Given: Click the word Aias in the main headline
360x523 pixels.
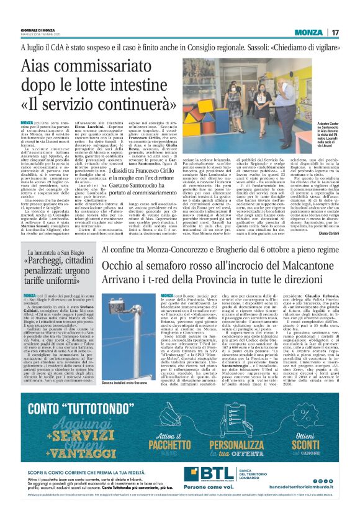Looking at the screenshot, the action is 45,67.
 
